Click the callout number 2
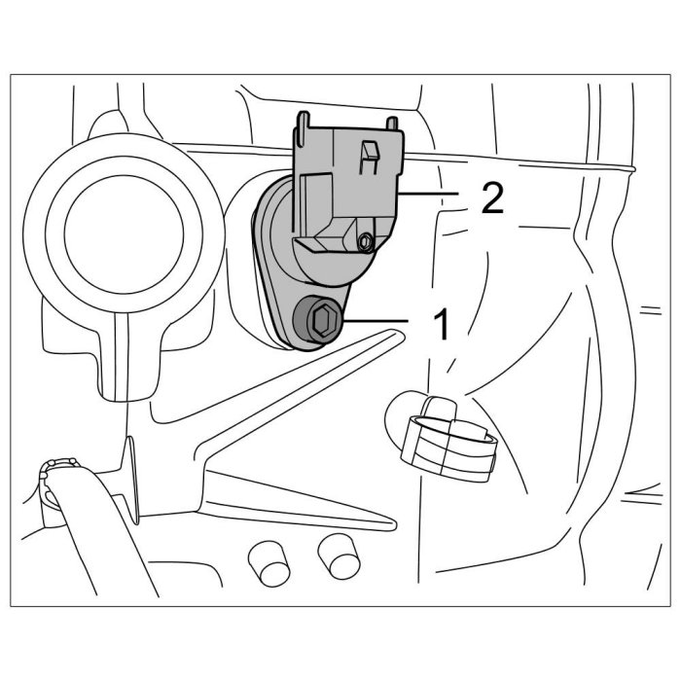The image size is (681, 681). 491,198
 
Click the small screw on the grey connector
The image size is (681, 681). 364,239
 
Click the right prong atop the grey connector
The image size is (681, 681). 394,123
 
